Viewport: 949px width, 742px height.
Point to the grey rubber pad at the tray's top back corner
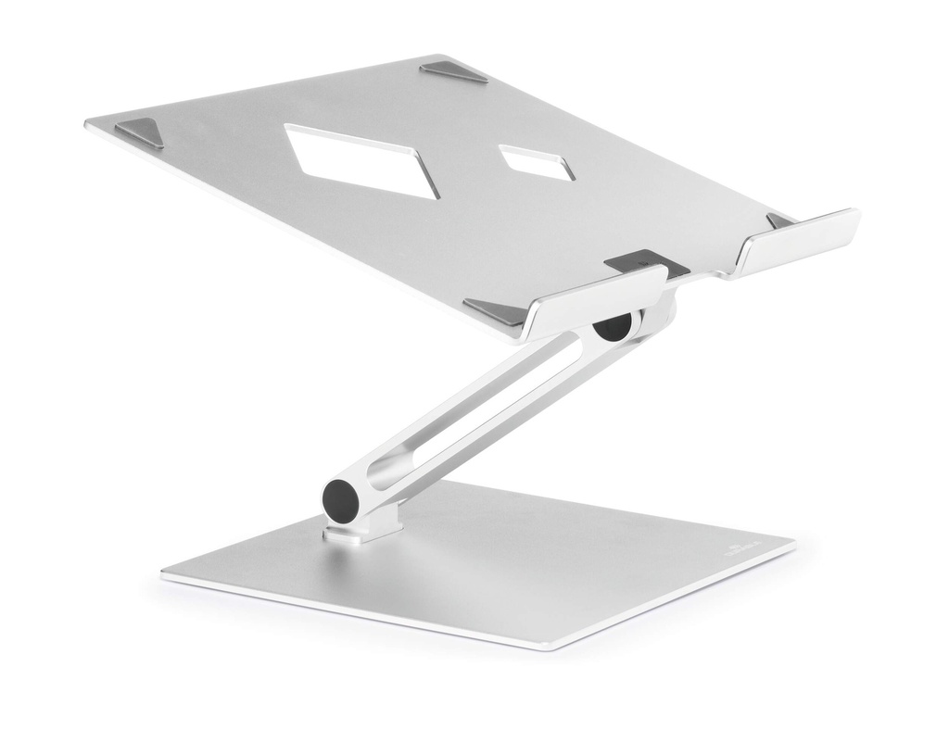point(453,72)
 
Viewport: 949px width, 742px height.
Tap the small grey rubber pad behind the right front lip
point(778,220)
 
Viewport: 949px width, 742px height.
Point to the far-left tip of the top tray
point(88,123)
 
